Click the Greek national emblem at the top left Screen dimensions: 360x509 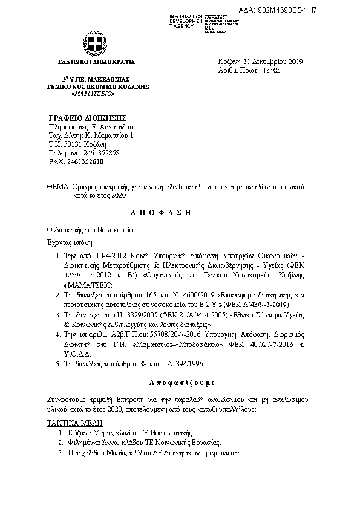[93, 45]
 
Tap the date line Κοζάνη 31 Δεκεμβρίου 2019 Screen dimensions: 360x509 [260, 62]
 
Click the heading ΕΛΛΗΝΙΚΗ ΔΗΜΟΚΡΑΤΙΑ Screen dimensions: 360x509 [96, 62]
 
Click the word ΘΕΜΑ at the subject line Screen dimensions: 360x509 [58, 187]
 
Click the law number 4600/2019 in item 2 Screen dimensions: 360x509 [192, 293]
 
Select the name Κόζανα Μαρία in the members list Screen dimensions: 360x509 [85, 433]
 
